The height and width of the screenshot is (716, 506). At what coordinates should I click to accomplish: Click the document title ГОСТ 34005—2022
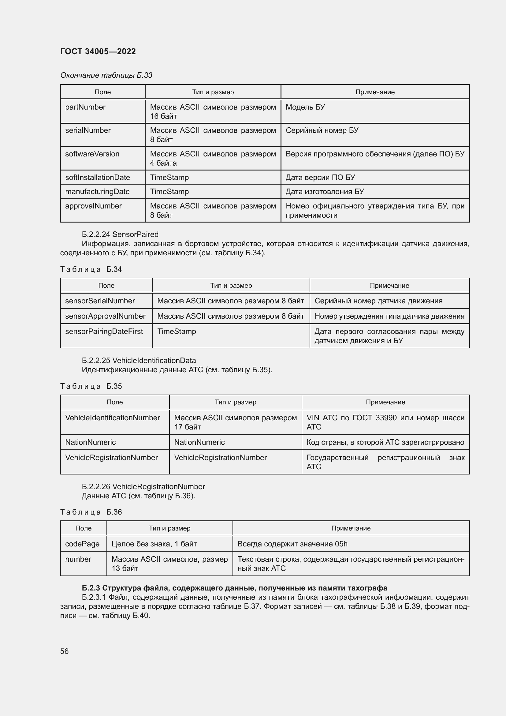98,51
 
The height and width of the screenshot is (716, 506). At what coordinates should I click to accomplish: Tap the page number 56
64,651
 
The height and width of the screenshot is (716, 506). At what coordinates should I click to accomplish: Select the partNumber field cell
85,107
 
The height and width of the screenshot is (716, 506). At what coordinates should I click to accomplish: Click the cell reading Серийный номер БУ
322,130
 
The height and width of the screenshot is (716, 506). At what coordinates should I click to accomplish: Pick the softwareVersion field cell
92,154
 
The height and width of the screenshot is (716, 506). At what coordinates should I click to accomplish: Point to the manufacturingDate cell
97,191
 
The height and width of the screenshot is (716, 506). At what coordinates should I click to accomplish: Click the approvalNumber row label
93,206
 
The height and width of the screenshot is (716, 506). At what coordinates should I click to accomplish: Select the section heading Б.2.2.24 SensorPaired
120,234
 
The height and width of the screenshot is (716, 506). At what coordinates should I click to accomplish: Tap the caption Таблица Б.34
91,269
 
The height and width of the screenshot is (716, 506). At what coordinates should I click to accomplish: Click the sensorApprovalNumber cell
105,316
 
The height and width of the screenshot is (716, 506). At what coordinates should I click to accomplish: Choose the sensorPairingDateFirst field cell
104,332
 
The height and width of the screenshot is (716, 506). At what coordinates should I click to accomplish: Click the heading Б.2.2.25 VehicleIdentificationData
139,361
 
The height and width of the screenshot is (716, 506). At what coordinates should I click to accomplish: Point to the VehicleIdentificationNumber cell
113,418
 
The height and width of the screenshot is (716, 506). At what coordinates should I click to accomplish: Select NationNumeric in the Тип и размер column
199,442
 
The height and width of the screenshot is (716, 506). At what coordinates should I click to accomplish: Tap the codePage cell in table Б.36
82,544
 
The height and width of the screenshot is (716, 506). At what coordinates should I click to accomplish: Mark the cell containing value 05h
292,544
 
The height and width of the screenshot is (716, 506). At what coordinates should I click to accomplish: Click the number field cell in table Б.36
78,559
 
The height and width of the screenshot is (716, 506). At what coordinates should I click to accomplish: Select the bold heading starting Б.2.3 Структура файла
234,588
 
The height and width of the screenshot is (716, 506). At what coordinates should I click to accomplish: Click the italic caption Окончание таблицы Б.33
106,75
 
